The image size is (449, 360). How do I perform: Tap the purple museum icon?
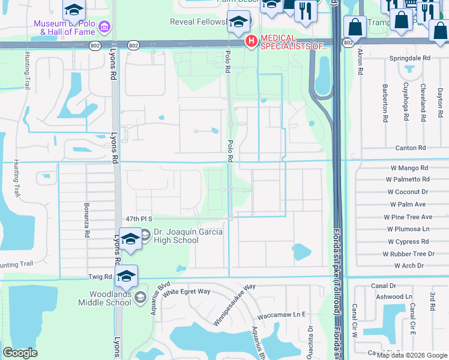pos(105,26)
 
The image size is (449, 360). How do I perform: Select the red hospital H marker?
pos(252,41)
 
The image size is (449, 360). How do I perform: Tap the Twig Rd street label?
pos(100,277)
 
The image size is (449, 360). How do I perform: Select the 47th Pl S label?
pos(140,219)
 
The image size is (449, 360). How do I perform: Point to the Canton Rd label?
pos(410,148)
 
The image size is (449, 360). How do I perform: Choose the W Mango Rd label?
pos(408,169)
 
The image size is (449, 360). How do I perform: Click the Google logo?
pos(20,353)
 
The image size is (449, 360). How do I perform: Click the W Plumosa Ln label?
pos(409,229)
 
